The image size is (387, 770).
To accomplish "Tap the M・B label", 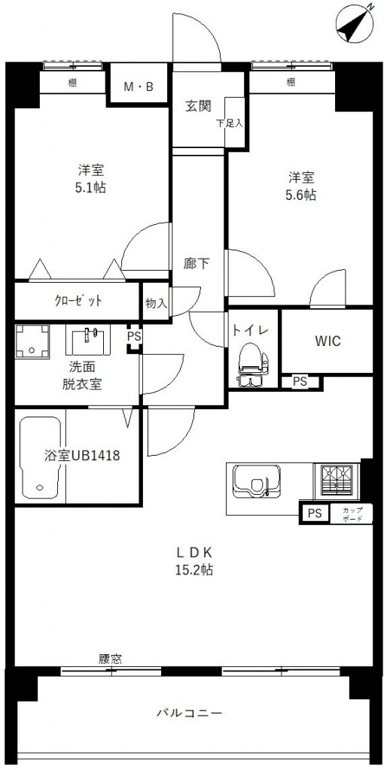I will click(x=139, y=88).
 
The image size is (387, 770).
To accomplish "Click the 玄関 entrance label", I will click(x=199, y=105).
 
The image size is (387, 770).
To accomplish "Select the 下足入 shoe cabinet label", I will click(x=230, y=123).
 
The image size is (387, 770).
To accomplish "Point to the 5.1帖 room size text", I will click(x=90, y=187).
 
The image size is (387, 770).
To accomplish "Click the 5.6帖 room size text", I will click(x=300, y=195).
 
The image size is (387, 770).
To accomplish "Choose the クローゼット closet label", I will click(x=78, y=301).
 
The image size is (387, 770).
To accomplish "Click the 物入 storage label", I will click(x=156, y=303).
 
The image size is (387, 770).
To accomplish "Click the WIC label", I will click(x=328, y=341).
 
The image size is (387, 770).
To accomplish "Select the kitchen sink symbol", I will click(x=256, y=481).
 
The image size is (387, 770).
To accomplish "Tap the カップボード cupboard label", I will click(x=352, y=514).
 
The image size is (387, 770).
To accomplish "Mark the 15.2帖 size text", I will click(x=193, y=570).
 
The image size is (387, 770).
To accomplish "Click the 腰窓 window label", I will click(x=110, y=659).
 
